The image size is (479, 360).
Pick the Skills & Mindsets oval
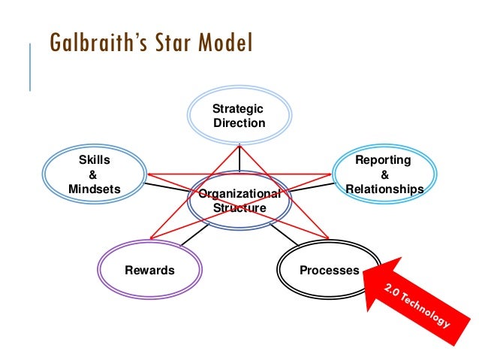94,174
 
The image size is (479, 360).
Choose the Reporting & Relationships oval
383,174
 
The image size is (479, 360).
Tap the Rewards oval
150,270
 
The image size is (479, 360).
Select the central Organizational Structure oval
239,201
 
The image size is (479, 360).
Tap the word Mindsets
94,189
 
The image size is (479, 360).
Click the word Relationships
384,189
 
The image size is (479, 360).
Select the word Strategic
239,109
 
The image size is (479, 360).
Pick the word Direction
239,123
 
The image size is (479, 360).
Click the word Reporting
383,160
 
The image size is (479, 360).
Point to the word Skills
95,160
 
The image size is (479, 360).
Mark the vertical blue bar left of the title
31,68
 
